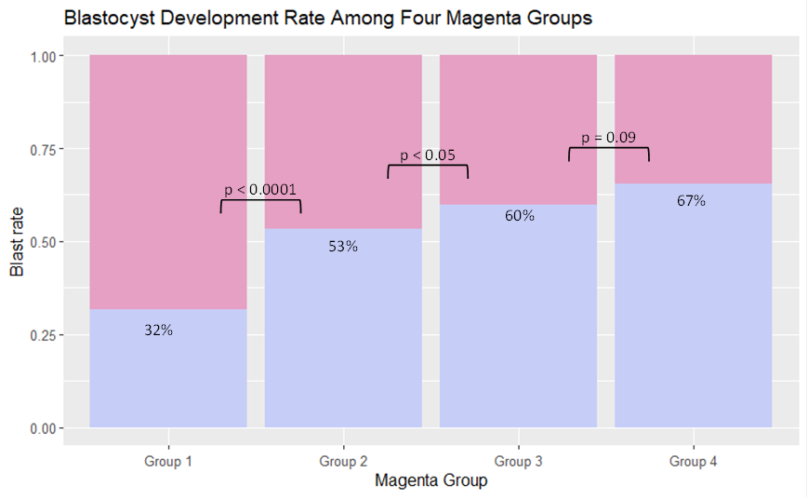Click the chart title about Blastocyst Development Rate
pyautogui.click(x=327, y=18)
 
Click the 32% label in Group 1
pyautogui.click(x=158, y=330)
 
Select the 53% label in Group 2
pyautogui.click(x=342, y=247)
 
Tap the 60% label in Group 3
pyautogui.click(x=519, y=216)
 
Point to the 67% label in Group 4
pyautogui.click(x=691, y=200)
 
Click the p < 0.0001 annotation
pyautogui.click(x=260, y=190)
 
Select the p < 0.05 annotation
pyautogui.click(x=428, y=155)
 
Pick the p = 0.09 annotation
pyautogui.click(x=608, y=138)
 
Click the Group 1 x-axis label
pyautogui.click(x=168, y=461)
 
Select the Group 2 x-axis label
pyautogui.click(x=343, y=461)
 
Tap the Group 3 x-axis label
pyautogui.click(x=518, y=461)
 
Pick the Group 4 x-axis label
pyautogui.click(x=693, y=461)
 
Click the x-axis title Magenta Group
pyautogui.click(x=430, y=481)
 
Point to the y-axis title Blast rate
pyautogui.click(x=18, y=242)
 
